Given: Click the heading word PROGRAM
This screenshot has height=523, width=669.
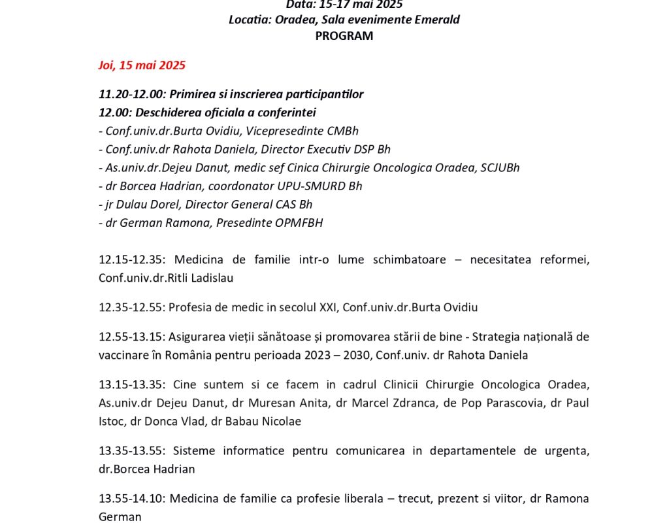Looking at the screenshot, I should (344, 36).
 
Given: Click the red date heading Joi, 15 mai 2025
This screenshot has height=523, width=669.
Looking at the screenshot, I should (142, 65).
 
